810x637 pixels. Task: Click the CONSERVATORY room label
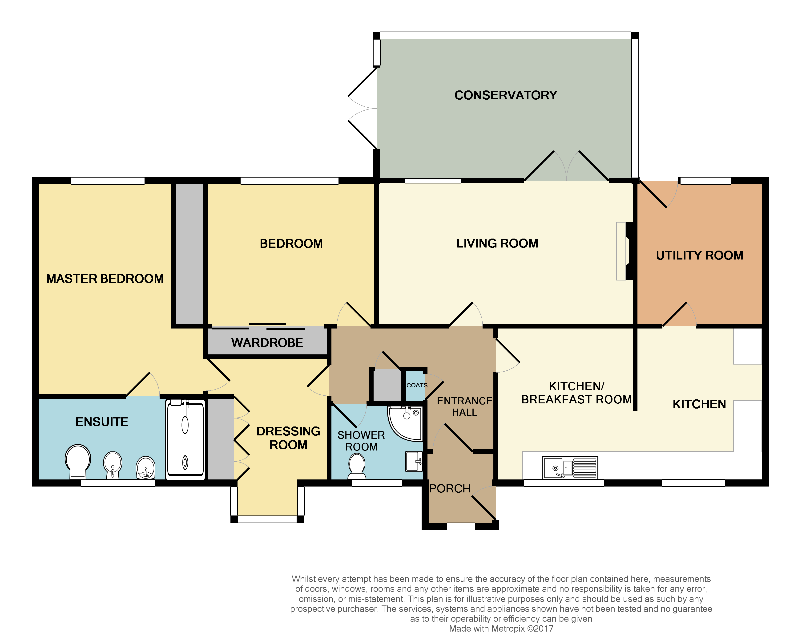tap(505, 95)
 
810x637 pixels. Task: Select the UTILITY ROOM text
tap(699, 256)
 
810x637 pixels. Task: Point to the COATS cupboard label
tap(417, 385)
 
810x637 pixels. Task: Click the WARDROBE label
tap(267, 343)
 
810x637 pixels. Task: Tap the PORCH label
tap(450, 489)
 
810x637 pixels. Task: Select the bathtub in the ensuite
tap(185, 439)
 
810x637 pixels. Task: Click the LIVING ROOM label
tap(497, 243)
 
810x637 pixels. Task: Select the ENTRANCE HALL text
tap(464, 406)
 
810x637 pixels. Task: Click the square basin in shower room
tap(414, 461)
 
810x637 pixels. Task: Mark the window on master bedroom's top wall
tap(108, 181)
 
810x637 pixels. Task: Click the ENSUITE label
tap(102, 422)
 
